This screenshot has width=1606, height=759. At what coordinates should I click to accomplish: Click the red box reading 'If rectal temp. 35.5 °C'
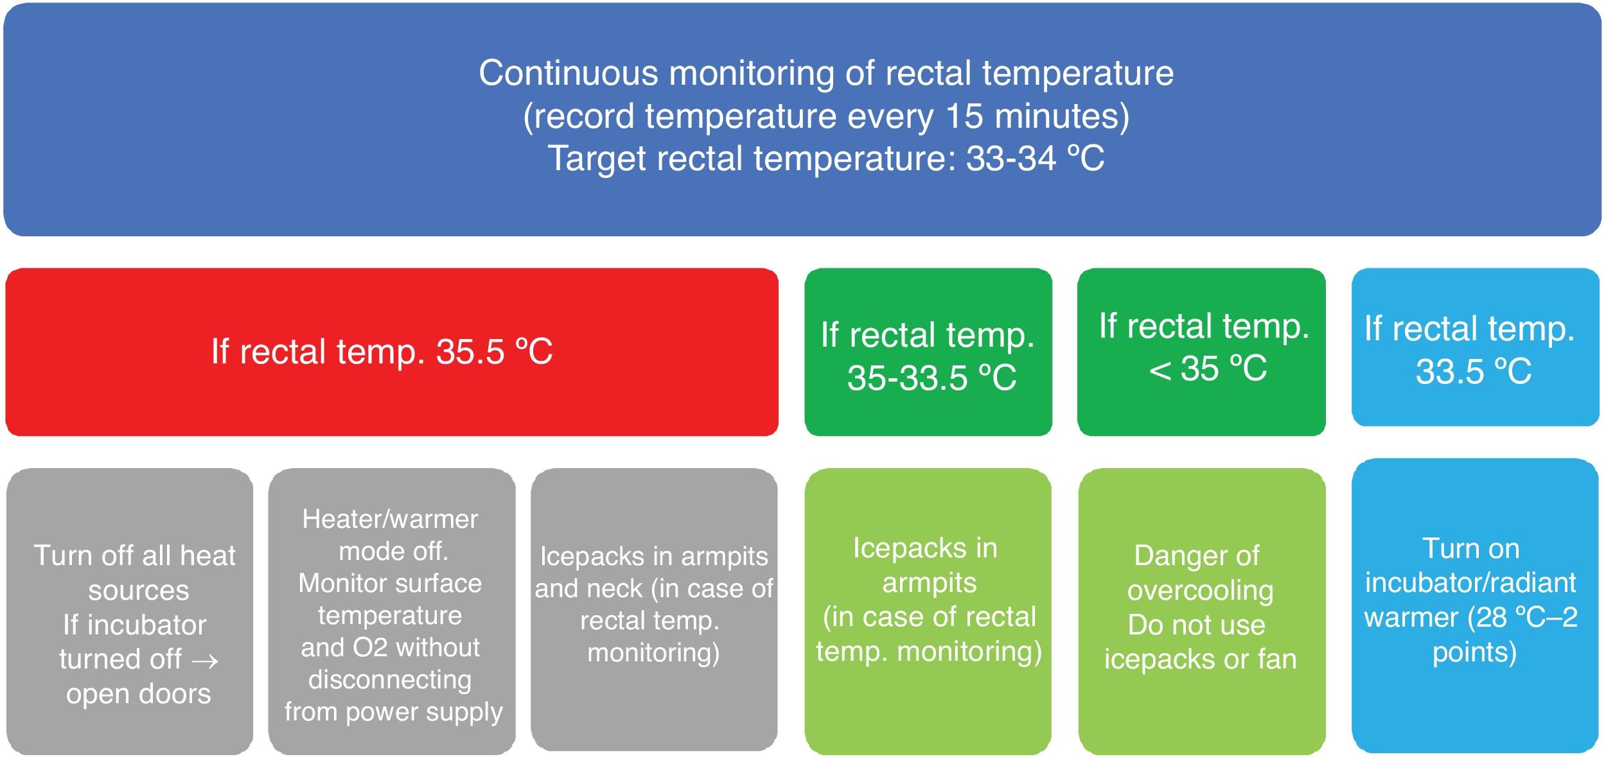[392, 352]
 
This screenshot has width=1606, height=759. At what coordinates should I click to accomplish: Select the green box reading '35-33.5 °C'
[928, 352]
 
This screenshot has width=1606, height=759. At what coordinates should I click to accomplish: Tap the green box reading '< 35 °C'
[1201, 352]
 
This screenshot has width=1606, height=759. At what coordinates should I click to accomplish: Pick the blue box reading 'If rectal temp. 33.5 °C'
[1476, 347]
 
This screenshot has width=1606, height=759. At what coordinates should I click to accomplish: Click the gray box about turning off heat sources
[130, 611]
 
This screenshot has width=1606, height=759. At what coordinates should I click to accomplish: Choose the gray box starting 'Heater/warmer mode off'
[392, 611]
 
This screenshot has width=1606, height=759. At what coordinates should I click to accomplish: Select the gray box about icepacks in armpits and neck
[654, 609]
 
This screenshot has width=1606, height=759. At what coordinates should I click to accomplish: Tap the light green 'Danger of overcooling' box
[1202, 611]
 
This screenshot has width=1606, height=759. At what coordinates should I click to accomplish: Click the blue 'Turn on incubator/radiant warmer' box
[1475, 606]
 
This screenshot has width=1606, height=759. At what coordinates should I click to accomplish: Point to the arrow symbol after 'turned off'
[205, 661]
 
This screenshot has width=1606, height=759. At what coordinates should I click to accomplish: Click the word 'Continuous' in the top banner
[569, 73]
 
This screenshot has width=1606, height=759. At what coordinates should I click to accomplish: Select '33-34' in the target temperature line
[1011, 158]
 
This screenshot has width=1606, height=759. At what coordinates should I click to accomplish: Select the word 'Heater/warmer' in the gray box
[390, 519]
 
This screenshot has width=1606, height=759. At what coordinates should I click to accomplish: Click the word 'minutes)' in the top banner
[1062, 116]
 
